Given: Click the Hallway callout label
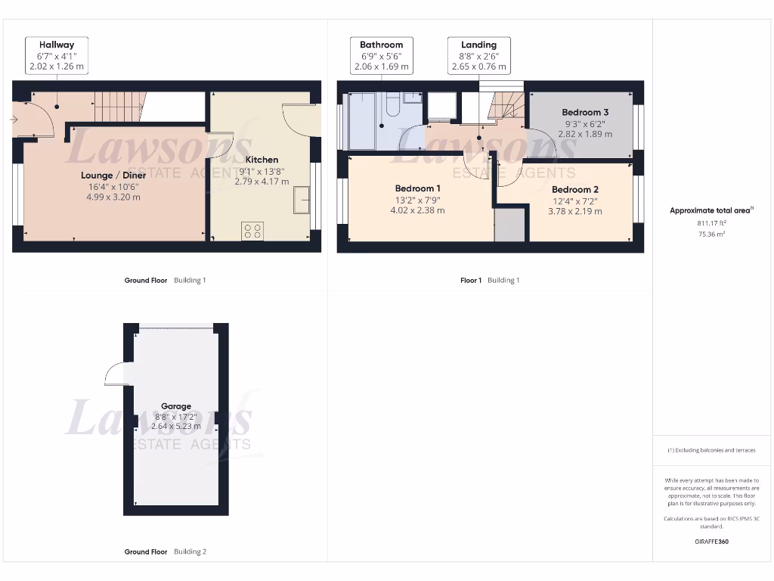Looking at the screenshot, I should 57,45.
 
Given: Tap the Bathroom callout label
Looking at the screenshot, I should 382,45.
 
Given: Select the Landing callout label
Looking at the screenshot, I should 478,45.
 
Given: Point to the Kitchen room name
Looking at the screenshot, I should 262,160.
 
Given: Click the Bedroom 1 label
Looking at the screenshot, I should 417,188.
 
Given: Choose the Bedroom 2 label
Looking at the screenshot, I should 575,189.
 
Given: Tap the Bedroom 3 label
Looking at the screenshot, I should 585,112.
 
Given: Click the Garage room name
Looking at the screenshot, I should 176,406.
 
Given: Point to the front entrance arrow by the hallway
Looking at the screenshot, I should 16,120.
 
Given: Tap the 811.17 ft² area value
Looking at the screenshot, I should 711,223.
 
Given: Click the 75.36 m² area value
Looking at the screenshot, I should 711,235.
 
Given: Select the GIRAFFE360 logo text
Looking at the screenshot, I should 711,542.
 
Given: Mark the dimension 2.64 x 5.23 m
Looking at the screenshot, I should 176,426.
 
